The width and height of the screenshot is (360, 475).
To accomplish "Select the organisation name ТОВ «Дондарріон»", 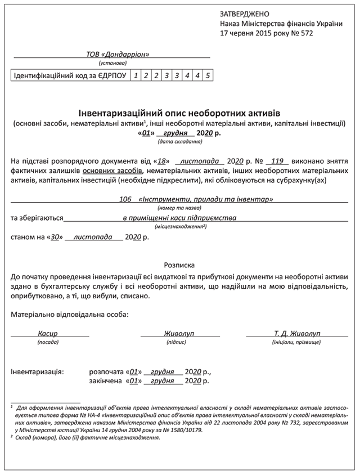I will coord(118,55).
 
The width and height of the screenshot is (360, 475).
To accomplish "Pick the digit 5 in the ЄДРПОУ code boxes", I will coord(208,75).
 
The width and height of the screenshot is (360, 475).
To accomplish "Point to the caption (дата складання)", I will coord(179,142).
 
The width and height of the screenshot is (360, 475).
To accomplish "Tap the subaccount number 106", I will coord(126,200).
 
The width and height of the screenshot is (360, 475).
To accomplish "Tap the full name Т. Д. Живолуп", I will coord(296,333).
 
